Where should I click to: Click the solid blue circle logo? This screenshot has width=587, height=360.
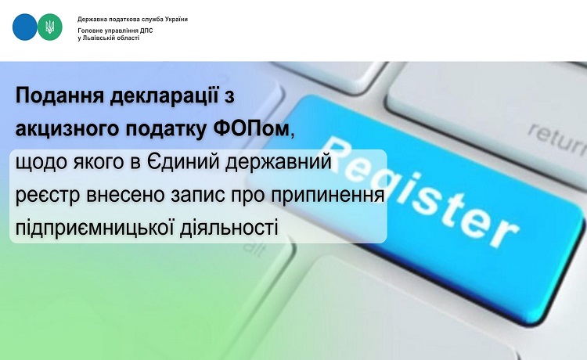click(25, 27)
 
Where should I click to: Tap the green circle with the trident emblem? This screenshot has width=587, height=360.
click(50, 27)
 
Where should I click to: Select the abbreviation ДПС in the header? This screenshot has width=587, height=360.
click(146, 31)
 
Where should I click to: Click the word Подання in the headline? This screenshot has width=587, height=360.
click(59, 96)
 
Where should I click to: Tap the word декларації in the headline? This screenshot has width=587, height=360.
click(164, 96)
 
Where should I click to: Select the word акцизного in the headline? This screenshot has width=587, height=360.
click(68, 130)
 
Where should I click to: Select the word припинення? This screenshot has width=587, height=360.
click(326, 196)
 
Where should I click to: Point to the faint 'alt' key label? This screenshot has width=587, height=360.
click(254, 250)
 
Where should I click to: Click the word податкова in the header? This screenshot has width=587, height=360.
click(120, 19)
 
